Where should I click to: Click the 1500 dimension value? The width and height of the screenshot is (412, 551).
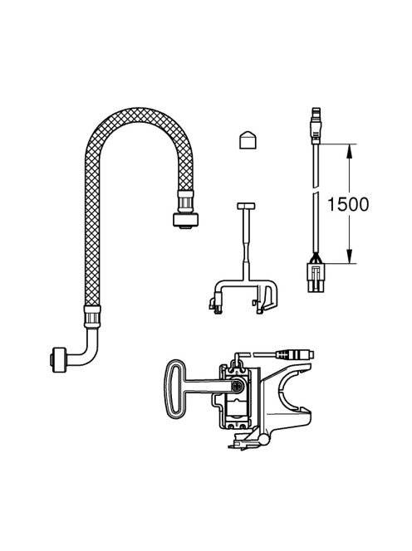coord(348,204)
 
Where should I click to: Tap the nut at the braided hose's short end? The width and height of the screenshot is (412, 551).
coord(185,220)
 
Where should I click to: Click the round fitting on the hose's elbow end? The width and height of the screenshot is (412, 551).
coord(58,359)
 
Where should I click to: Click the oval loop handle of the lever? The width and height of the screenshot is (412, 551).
coord(175,389)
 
